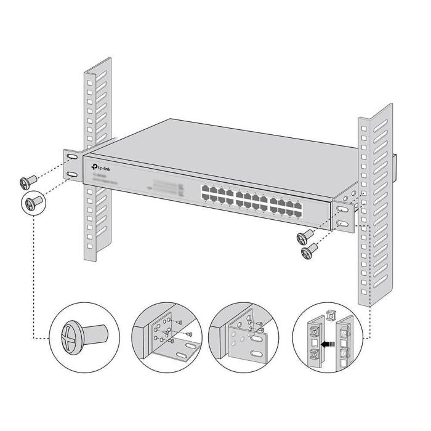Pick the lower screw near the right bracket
point(308,251)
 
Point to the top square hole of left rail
point(89,81)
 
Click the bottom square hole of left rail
point(90,246)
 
